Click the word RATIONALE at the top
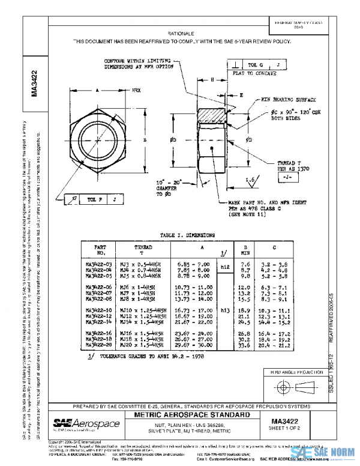180,34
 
